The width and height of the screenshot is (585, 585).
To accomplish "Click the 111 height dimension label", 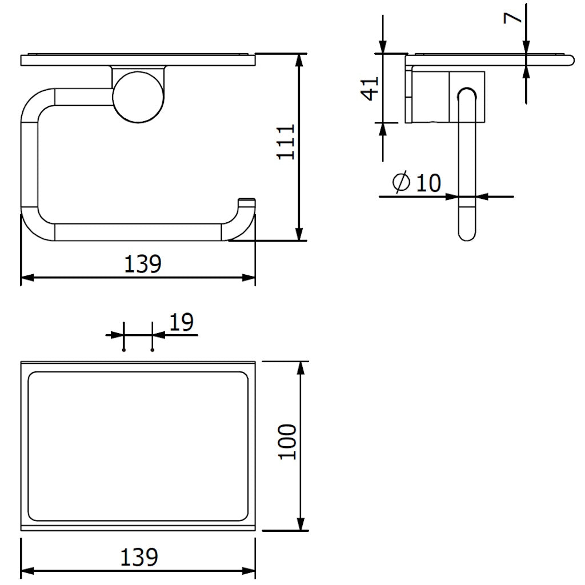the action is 286,142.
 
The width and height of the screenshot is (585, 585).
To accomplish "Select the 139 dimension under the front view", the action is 142,264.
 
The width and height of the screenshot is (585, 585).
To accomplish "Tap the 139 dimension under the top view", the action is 139,557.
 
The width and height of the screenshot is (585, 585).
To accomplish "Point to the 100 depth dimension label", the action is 287,442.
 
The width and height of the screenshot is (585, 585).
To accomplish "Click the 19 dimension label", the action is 181,322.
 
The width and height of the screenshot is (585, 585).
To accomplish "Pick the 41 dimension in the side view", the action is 370,88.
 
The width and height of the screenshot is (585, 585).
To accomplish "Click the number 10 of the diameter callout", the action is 428,183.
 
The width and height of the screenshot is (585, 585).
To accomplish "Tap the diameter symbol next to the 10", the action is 402,182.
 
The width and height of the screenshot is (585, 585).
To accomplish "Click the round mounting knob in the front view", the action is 138,97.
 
